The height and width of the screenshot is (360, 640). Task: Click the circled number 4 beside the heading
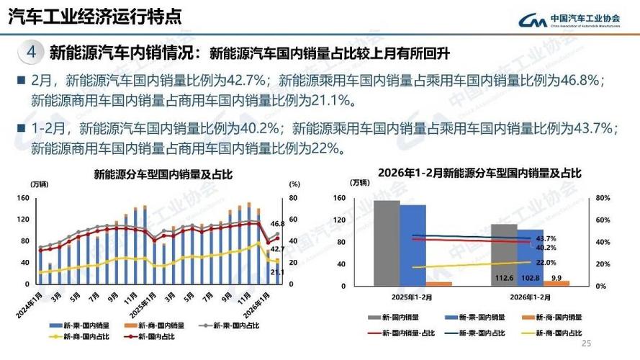click(30, 53)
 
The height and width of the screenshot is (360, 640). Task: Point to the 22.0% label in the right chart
click(546, 263)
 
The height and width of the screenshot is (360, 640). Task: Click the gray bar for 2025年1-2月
click(387, 243)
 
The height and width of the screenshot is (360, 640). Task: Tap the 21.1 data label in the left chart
click(276, 273)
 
